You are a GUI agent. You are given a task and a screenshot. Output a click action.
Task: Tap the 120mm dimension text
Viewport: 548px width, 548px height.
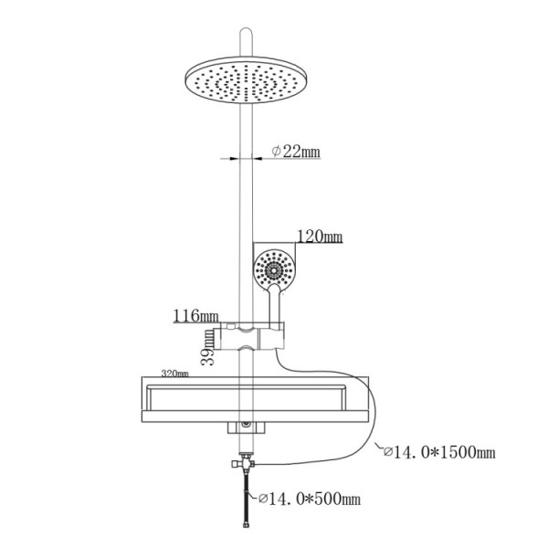point(319,237)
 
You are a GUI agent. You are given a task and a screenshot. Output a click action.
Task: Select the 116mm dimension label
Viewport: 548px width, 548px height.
point(194,316)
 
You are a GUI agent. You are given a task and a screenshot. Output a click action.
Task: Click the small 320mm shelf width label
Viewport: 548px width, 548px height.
point(174,374)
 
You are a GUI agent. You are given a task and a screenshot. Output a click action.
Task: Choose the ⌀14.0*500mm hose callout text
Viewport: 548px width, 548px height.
point(311,500)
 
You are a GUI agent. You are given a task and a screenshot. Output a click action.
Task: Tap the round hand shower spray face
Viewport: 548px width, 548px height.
point(273,269)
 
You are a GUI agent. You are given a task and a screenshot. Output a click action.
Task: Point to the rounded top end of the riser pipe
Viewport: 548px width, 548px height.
point(247,37)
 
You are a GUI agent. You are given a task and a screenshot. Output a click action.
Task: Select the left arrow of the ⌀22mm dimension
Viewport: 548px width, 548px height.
point(228,158)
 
